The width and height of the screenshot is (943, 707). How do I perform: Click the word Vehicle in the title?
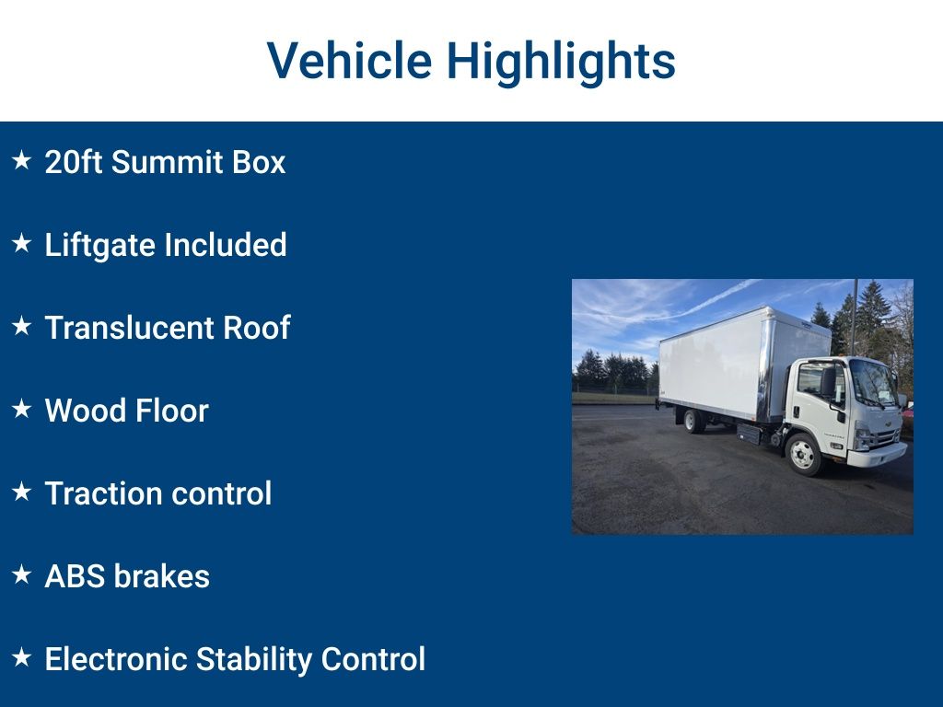click(349, 61)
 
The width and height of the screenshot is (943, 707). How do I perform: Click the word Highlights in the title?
click(561, 61)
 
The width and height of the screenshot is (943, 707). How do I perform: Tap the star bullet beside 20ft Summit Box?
click(22, 161)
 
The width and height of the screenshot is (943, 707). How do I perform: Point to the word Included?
click(225, 245)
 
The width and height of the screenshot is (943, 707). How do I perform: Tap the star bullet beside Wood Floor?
click(22, 410)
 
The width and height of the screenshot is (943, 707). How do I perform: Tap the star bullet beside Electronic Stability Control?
click(22, 658)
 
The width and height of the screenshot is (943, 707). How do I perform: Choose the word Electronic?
click(115, 659)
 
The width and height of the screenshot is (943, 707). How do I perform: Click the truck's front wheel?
click(802, 453)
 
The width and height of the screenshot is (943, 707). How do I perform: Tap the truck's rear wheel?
click(693, 421)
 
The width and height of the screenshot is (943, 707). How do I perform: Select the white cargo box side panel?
click(709, 364)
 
